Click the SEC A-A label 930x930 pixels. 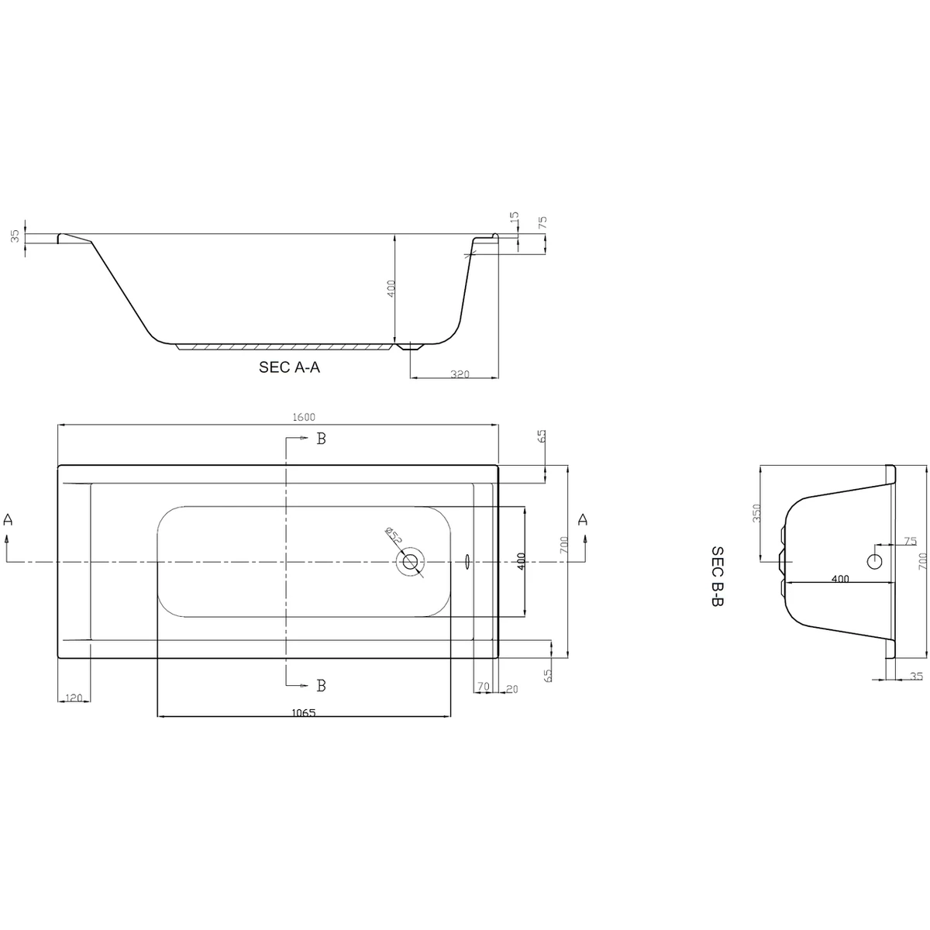289,368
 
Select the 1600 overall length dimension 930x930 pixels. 304,417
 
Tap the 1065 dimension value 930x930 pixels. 304,713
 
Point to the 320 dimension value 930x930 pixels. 460,374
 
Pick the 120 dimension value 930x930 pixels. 74,698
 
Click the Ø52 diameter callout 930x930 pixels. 393,536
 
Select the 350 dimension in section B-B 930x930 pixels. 757,513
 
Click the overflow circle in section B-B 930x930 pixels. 875,560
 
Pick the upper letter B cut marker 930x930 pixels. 321,439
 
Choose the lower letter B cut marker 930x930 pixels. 321,685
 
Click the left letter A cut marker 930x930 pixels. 9,520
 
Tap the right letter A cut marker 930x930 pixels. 583,519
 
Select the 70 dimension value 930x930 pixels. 483,687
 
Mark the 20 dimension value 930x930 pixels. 511,688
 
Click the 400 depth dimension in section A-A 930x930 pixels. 392,288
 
